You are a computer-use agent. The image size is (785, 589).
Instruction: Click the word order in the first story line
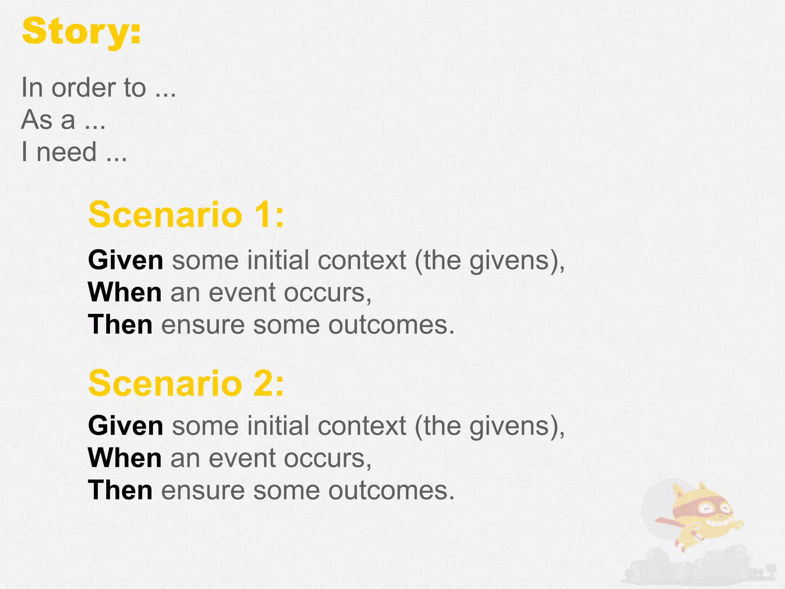point(84,88)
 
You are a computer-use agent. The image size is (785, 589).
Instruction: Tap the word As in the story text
point(36,120)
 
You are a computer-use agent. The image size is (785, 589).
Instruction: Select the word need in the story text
point(66,152)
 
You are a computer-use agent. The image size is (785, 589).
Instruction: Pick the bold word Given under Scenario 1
point(126,260)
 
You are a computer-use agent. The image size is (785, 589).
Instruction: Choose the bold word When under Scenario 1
point(125,293)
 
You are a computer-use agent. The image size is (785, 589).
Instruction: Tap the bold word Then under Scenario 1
point(120,325)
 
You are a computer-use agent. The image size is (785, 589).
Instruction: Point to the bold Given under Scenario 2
point(126,426)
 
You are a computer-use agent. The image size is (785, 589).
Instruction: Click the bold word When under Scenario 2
point(125,458)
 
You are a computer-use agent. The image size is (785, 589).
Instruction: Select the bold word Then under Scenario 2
point(120,490)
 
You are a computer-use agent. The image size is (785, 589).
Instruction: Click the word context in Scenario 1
point(362,260)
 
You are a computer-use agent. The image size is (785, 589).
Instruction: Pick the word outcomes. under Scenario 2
point(391,490)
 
